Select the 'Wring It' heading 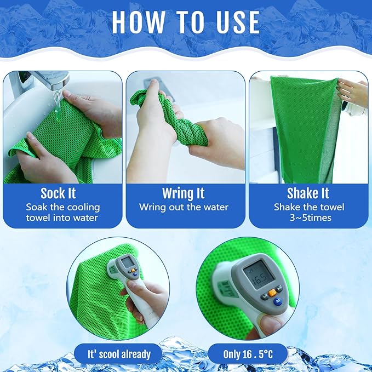(x=184, y=193)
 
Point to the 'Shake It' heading (x=308, y=193)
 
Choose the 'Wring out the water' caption (x=184, y=207)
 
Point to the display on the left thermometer (x=128, y=262)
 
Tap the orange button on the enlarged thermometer (x=271, y=293)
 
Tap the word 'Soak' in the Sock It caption (x=38, y=207)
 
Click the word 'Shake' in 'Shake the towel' (x=288, y=207)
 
